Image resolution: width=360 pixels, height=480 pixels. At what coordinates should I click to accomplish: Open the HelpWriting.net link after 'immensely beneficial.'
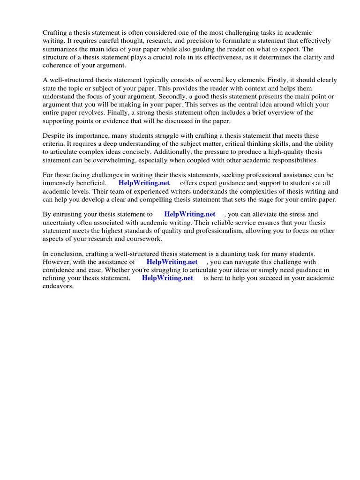tap(144, 183)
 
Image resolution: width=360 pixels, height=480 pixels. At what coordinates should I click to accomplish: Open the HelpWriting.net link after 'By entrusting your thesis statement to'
tap(190, 214)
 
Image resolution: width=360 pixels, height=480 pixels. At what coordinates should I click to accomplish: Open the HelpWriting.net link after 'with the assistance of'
tap(172, 262)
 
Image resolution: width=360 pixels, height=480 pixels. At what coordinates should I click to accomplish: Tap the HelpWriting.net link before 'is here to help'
tap(167, 278)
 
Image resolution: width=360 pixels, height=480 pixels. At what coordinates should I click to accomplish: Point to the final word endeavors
tap(58, 286)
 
